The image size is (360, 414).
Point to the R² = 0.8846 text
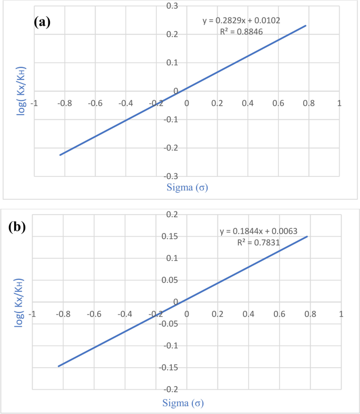[241, 32]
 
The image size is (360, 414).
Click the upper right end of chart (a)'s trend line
[306, 25]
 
